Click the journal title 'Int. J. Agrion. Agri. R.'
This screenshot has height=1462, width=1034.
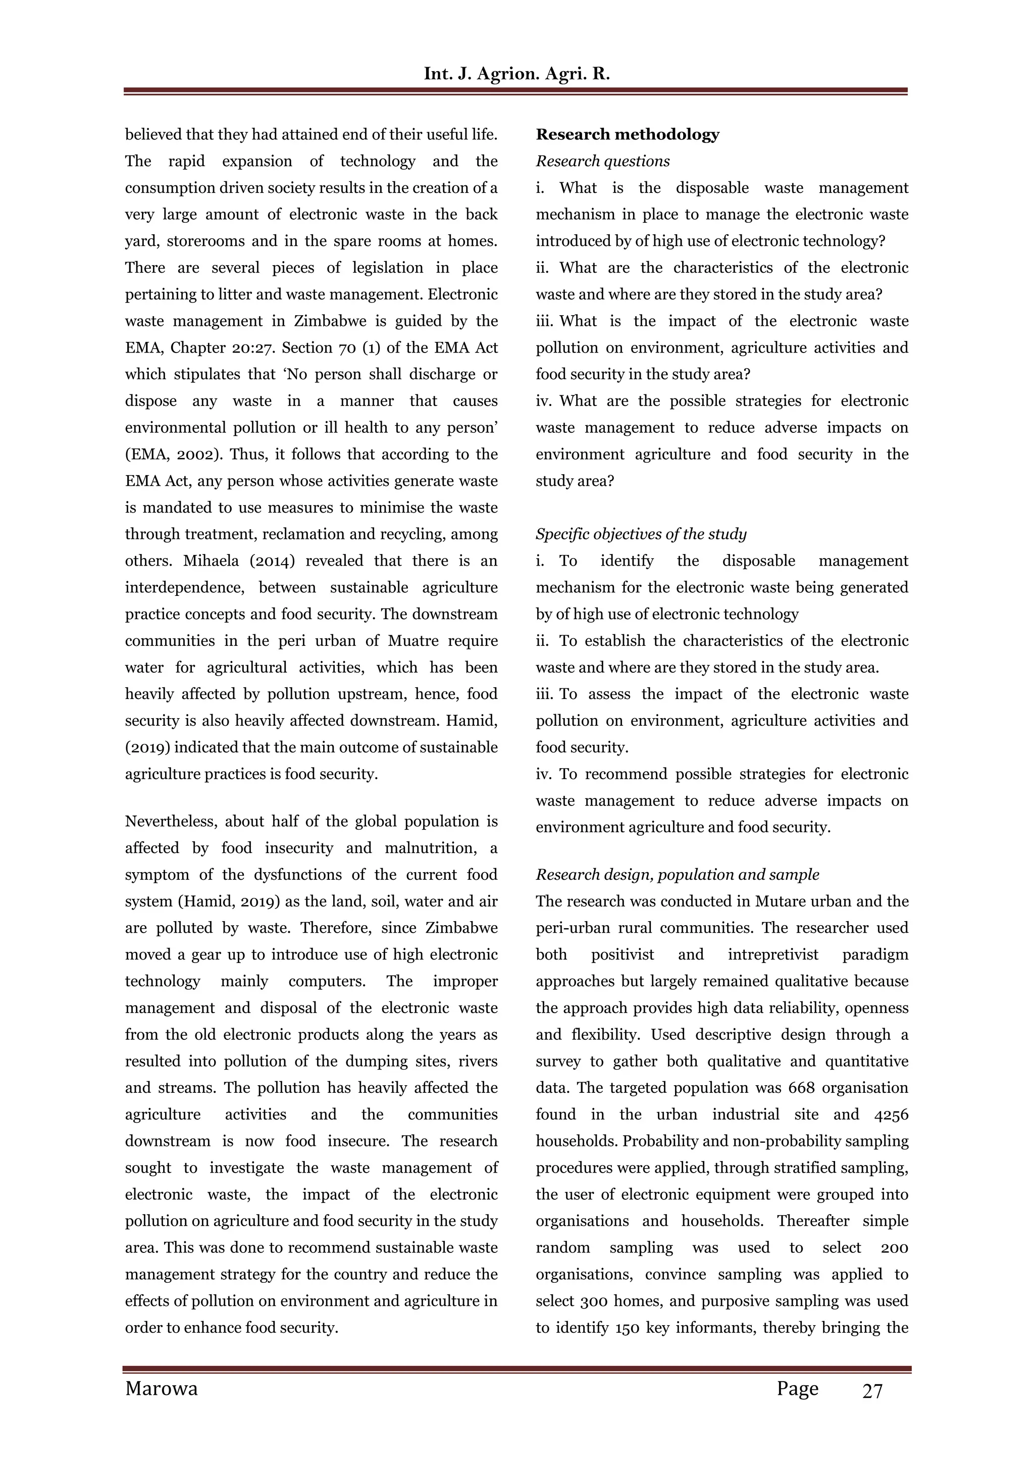coord(516,74)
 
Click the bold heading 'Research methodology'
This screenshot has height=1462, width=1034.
coord(627,134)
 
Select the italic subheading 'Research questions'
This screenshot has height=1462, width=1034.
coord(602,161)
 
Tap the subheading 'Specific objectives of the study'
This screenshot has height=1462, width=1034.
coord(641,534)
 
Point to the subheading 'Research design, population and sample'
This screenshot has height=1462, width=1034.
coord(677,874)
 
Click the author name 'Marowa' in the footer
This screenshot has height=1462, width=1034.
coord(161,1388)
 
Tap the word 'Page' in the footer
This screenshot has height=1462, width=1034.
coord(797,1388)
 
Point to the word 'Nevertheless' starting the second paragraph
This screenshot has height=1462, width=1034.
coord(171,822)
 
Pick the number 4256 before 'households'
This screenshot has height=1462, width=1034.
coord(891,1115)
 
